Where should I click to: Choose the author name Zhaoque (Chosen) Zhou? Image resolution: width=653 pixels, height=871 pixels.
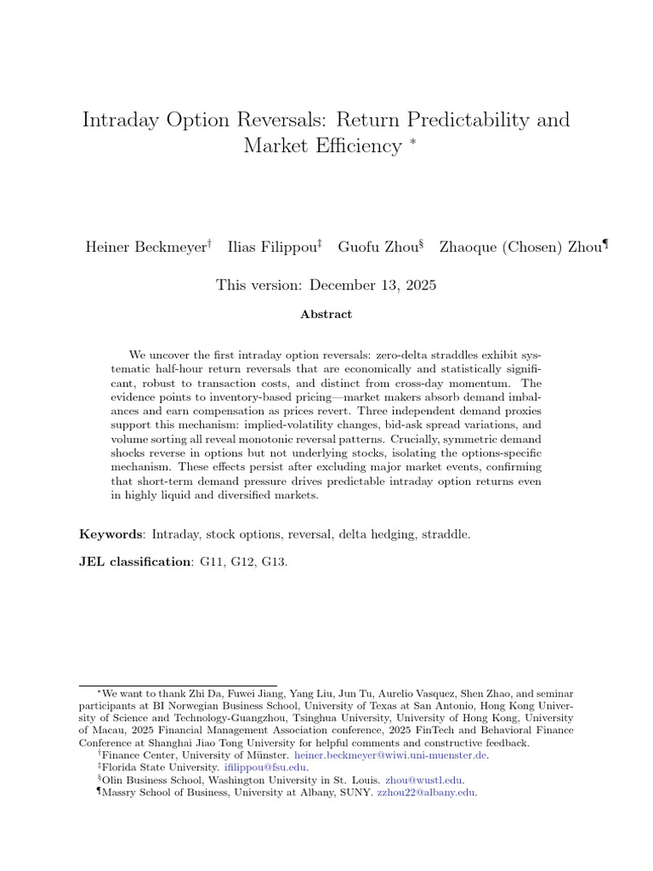tap(520, 248)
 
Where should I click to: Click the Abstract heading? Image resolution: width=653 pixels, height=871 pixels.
tap(326, 314)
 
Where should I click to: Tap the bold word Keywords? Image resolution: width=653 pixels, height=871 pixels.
tap(111, 534)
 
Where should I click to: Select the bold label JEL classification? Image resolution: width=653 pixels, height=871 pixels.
tap(135, 562)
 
